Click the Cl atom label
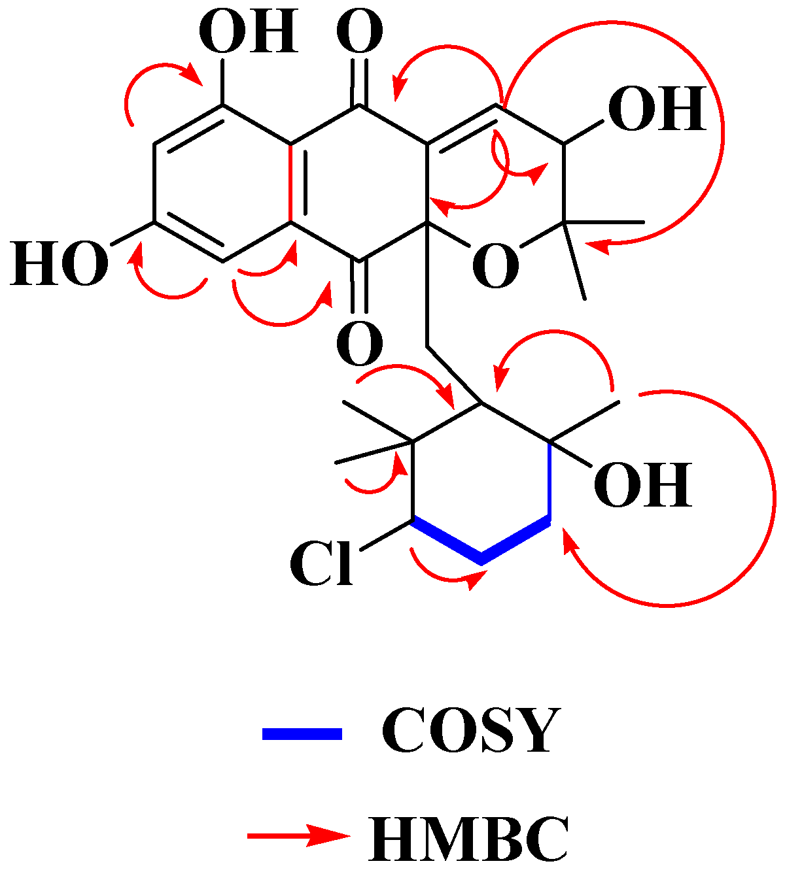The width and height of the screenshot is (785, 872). coord(322,564)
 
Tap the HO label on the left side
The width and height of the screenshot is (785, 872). coord(59,263)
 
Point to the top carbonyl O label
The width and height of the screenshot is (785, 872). coord(359,33)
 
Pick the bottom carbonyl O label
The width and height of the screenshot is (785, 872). coord(359,344)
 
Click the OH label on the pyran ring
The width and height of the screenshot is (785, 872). coord(657,109)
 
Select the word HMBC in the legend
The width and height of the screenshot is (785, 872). coord(468,839)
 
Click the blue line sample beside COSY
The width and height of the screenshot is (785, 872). coord(302,733)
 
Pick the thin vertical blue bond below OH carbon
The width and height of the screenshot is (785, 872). coord(549,481)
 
